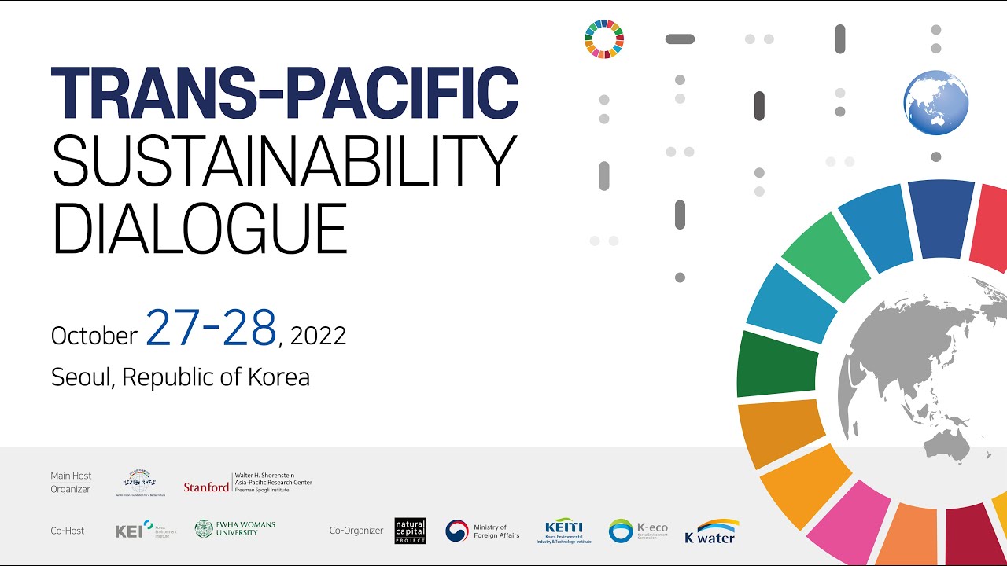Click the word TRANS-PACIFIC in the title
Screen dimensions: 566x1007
click(x=284, y=94)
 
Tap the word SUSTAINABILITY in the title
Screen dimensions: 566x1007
click(x=284, y=160)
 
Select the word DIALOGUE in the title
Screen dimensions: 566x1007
click(x=199, y=227)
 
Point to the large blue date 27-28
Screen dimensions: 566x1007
click(x=211, y=329)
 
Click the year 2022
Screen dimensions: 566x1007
click(x=318, y=336)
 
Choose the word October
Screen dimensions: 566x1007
click(x=94, y=336)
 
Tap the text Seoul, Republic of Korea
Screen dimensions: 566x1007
click(x=180, y=377)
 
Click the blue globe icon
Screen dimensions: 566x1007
click(x=935, y=103)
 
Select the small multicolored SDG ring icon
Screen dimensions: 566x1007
click(x=604, y=39)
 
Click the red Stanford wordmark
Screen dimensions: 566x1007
click(x=206, y=487)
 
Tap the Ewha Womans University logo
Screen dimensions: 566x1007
click(x=235, y=528)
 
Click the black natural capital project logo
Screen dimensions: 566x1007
click(x=410, y=531)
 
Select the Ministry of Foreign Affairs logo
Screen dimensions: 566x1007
click(x=477, y=531)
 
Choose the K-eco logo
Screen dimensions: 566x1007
click(x=638, y=531)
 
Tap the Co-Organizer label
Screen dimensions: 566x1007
click(x=356, y=531)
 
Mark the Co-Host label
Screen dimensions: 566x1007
click(x=68, y=531)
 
